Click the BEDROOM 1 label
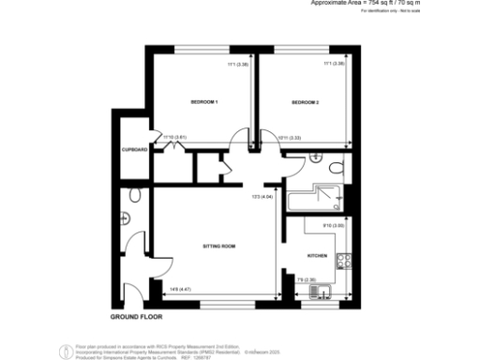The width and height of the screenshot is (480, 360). (203, 102)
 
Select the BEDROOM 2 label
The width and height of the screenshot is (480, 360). (306, 102)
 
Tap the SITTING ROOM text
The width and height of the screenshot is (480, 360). (218, 246)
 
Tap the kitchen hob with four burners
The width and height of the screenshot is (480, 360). (344, 263)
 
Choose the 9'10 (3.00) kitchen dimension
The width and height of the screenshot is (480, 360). (335, 226)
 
